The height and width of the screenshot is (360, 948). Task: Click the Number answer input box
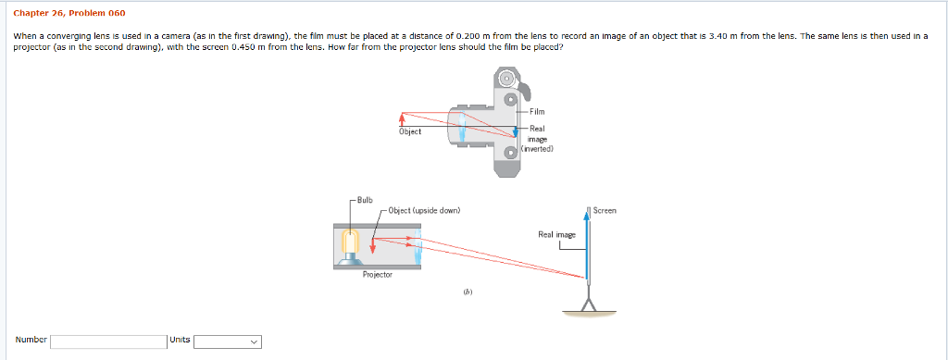107,341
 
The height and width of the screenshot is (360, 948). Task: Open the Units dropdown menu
227,341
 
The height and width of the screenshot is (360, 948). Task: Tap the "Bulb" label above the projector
368,199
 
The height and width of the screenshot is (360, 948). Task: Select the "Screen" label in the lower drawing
605,211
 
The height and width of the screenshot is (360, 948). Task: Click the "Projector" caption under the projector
378,275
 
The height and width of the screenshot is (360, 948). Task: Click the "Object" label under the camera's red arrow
410,131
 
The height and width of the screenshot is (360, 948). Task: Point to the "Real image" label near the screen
556,235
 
